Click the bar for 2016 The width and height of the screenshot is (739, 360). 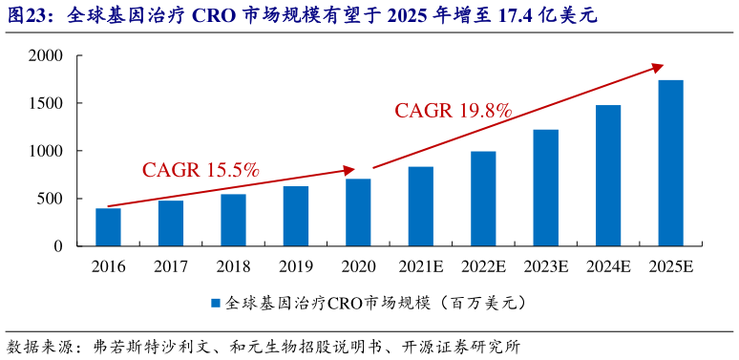point(108,227)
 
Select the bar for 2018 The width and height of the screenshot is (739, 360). point(233,221)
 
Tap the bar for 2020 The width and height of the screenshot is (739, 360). point(358,213)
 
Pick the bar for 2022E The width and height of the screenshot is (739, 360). point(483,199)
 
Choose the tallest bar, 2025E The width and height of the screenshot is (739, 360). point(670,163)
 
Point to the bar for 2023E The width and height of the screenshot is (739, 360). point(545,188)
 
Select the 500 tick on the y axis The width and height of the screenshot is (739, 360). point(50,199)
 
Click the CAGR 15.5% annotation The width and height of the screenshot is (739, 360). point(201,170)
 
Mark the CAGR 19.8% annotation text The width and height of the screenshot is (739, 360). point(454,111)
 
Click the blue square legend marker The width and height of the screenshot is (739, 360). point(216,304)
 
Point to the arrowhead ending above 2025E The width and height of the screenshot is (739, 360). point(658,66)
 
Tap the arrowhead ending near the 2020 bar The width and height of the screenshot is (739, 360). point(349,171)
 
